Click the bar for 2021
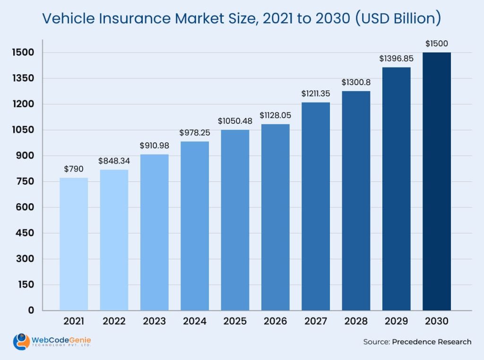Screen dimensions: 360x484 coord(74,244)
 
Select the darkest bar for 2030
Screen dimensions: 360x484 coord(436,181)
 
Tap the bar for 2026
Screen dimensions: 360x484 coord(275,217)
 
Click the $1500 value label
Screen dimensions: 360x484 coord(436,43)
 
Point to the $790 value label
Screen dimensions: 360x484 coord(74,169)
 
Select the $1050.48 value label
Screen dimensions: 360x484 coord(235,121)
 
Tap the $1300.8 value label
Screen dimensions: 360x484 coord(356,82)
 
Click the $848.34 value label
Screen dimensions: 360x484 coord(114,161)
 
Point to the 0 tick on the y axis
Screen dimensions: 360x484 coord(31,310)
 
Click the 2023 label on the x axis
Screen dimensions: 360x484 coord(154,321)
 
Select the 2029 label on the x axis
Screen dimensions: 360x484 coord(396,321)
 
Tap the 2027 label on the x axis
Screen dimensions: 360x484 coord(316,321)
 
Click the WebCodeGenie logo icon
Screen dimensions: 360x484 coord(21,342)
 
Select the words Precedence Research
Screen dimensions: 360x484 coord(432,342)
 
